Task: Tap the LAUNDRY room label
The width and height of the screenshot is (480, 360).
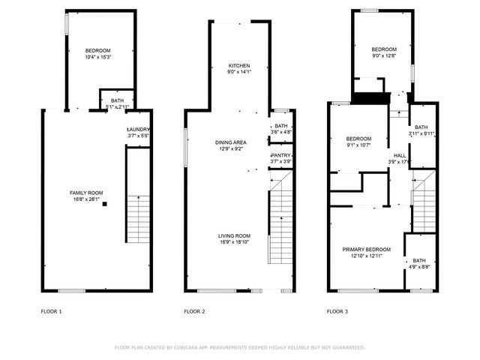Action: [139, 129]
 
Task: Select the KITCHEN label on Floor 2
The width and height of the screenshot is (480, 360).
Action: [239, 66]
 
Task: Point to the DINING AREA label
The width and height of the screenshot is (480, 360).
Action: [231, 142]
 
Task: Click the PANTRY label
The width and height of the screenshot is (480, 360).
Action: [280, 155]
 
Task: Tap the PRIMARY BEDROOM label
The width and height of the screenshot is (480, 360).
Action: [367, 250]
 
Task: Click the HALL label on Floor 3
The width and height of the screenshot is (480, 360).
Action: [400, 155]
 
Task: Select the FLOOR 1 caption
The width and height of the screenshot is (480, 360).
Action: [52, 310]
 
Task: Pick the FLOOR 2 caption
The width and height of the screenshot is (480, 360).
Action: [194, 310]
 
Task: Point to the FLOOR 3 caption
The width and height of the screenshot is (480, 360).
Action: [337, 310]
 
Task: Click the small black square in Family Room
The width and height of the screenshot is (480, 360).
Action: [105, 203]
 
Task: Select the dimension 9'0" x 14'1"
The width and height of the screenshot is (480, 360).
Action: [239, 73]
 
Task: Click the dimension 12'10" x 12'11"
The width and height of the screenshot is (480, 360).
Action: [367, 256]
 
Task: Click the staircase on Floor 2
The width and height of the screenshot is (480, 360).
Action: [280, 225]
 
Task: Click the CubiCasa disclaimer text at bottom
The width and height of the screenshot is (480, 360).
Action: [239, 347]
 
